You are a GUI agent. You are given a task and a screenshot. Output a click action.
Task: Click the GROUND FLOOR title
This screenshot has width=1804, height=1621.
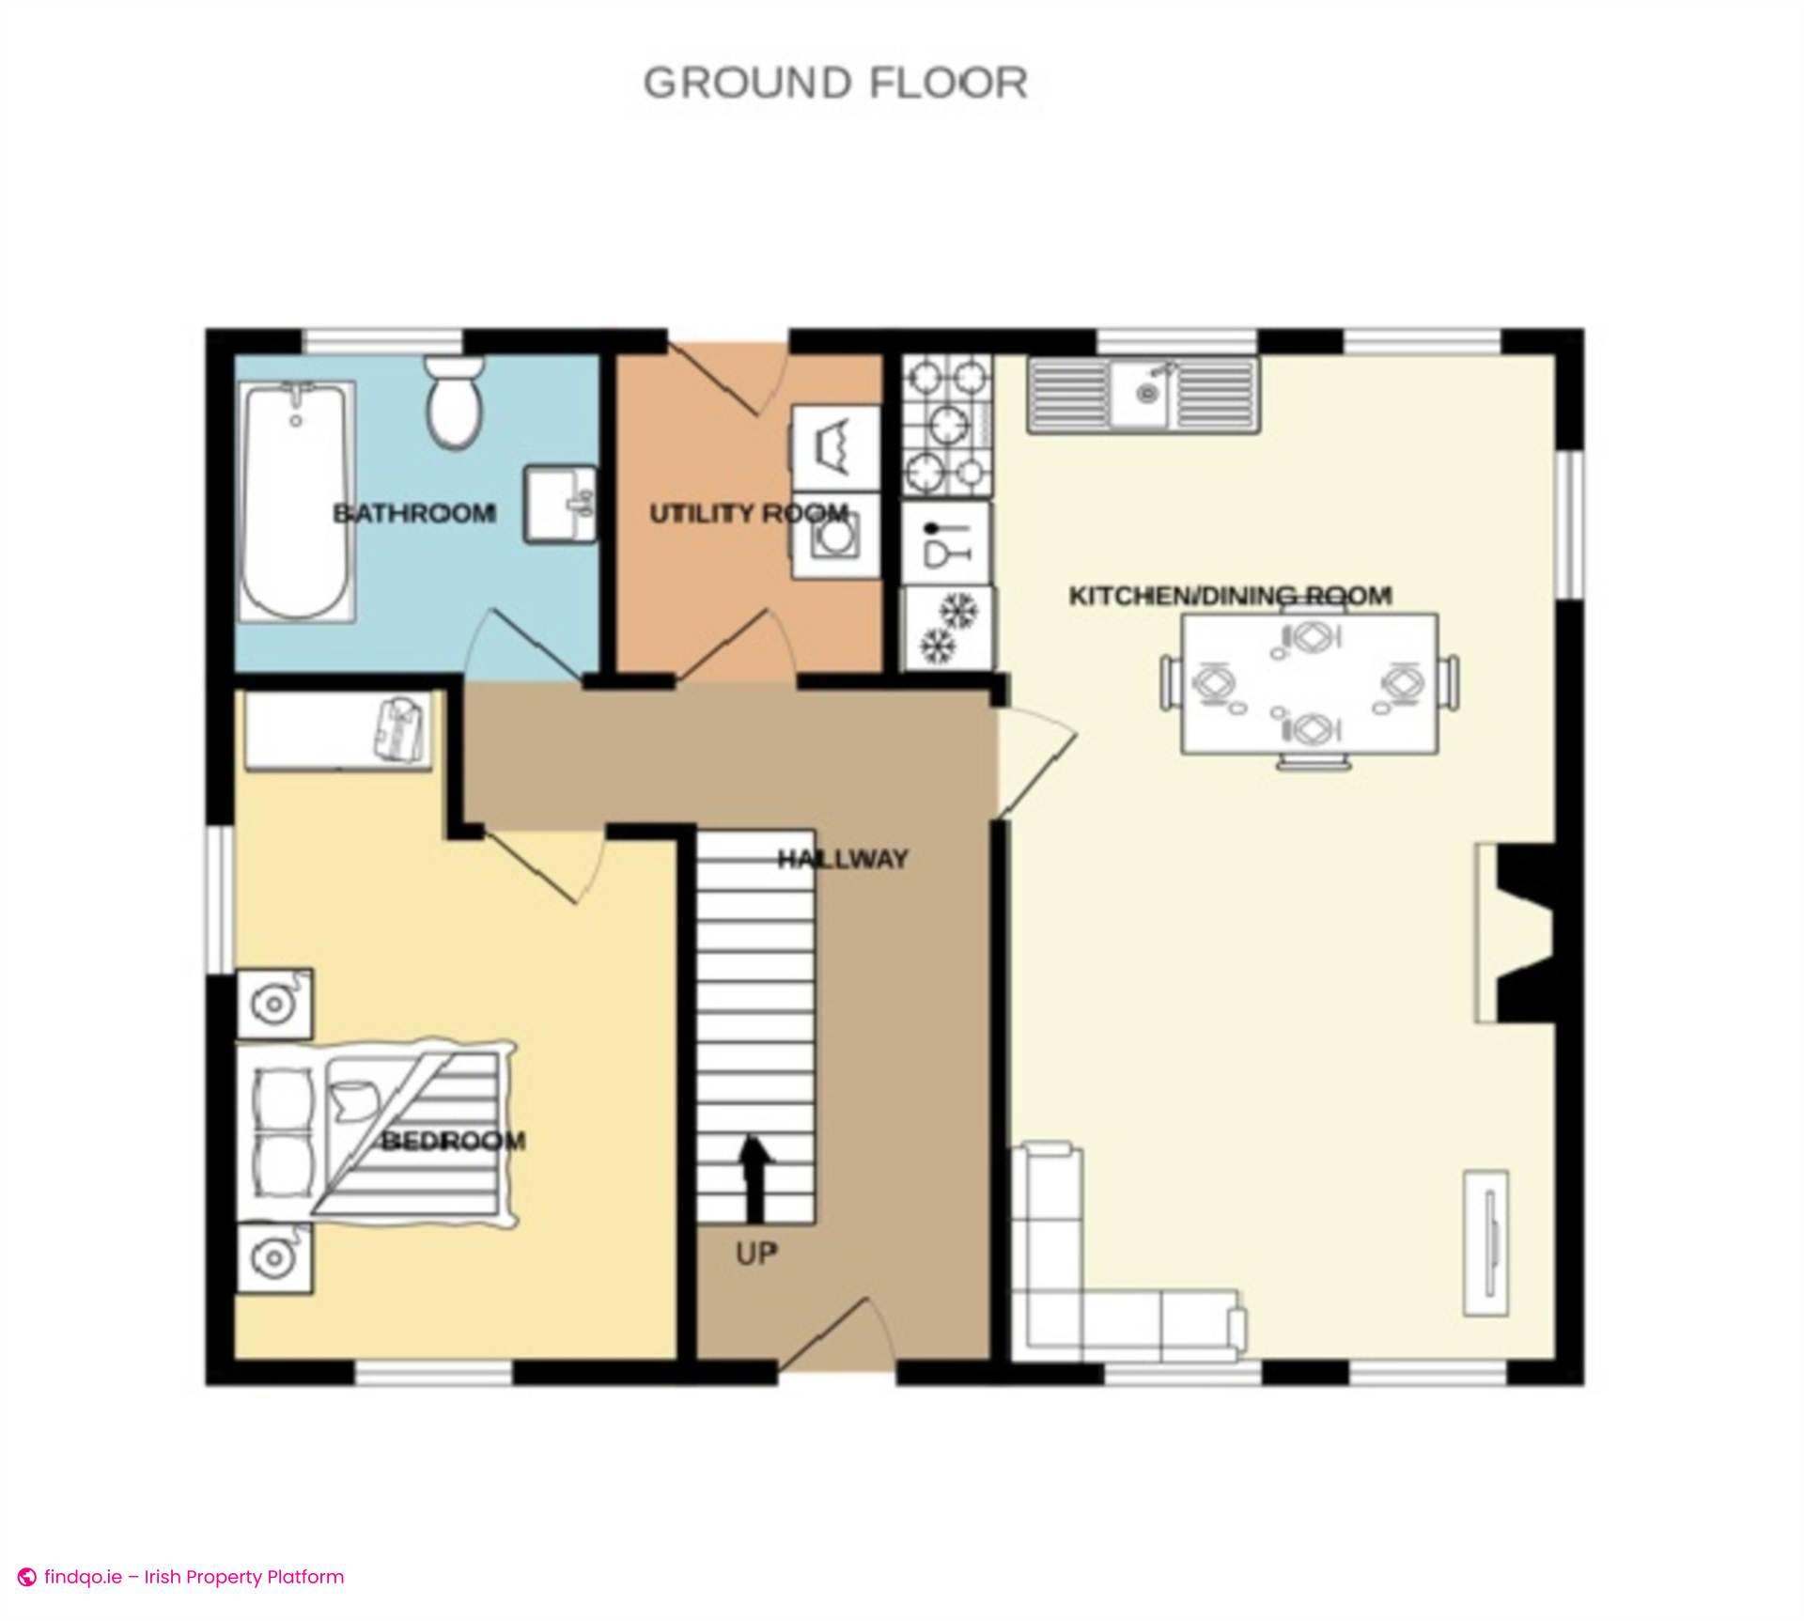(x=835, y=84)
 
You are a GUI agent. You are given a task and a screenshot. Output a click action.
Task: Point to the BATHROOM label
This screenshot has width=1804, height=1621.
(x=414, y=514)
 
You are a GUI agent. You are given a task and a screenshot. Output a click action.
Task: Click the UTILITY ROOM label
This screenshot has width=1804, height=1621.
(x=749, y=514)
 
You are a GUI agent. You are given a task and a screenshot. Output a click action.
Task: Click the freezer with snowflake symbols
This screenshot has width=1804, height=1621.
(x=947, y=628)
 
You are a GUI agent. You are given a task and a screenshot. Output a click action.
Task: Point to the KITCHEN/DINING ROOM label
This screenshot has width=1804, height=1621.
(x=1230, y=596)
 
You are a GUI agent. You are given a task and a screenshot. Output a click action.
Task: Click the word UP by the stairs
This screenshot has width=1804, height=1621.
(x=756, y=1254)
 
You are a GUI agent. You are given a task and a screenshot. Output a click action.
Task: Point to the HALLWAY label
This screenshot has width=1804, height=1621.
(x=842, y=859)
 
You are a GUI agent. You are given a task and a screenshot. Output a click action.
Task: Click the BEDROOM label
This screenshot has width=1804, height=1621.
(x=453, y=1142)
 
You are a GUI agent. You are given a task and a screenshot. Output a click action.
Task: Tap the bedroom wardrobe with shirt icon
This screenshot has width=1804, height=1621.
(x=338, y=730)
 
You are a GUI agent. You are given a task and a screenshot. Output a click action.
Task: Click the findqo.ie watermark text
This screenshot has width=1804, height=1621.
(x=193, y=1577)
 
